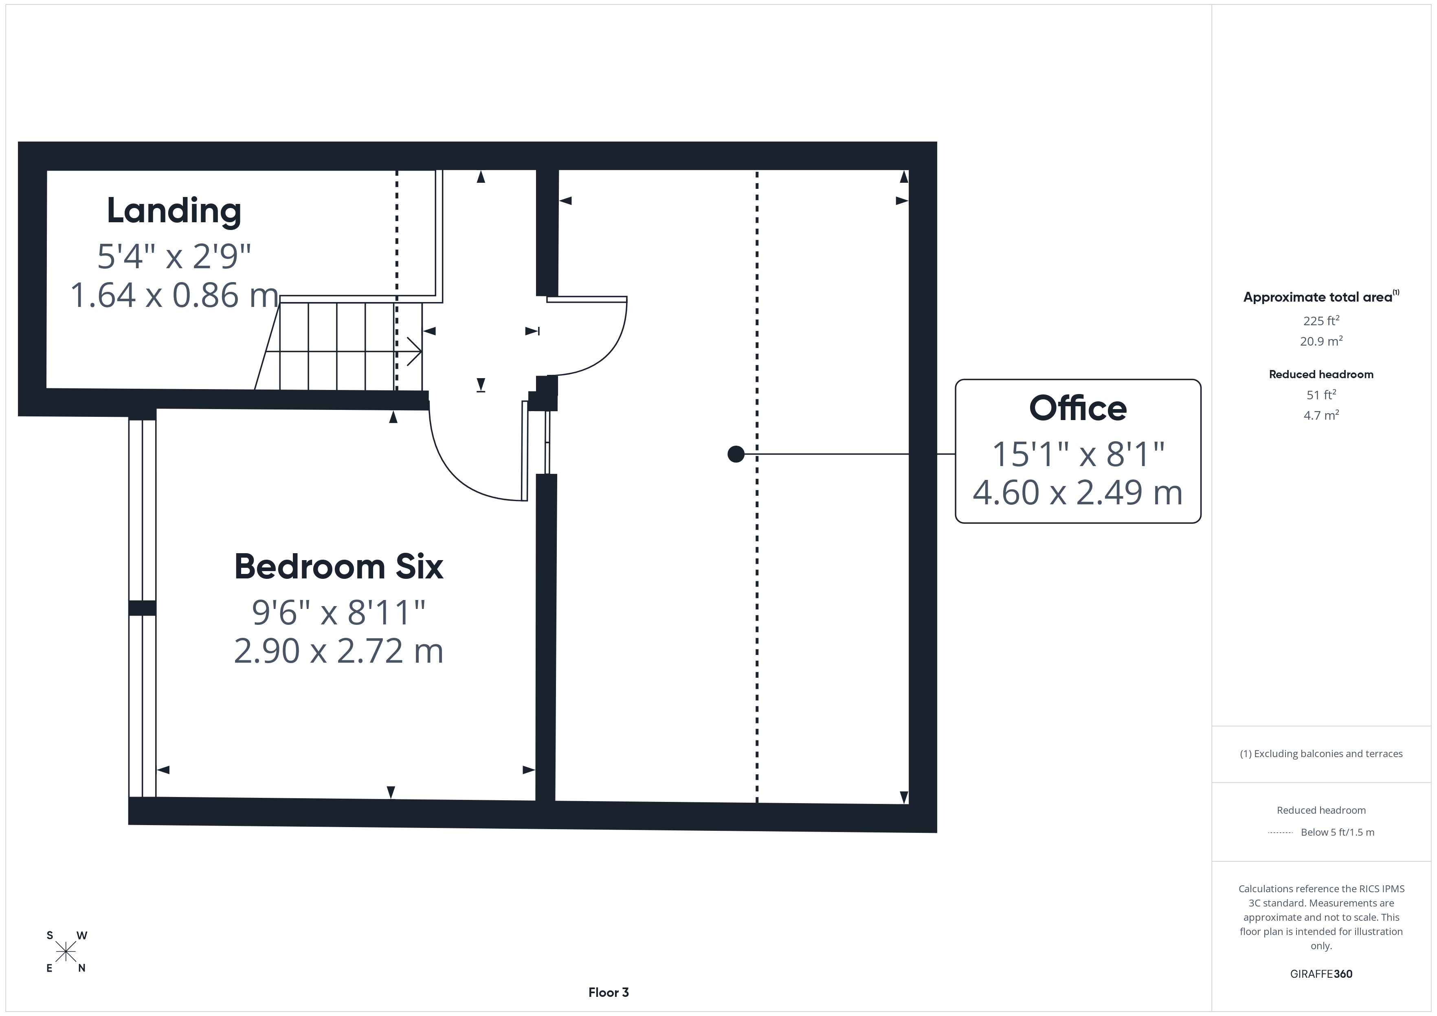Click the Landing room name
(174, 211)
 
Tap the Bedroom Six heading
(338, 566)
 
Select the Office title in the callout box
(1078, 409)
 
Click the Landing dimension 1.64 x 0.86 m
(174, 295)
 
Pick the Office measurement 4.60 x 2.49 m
(1078, 493)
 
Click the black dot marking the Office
(736, 454)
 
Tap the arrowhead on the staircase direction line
(415, 352)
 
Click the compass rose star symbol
(65, 952)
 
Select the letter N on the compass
(81, 968)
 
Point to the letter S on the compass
(49, 936)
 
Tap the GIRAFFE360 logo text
(1321, 974)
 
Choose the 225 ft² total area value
(1321, 320)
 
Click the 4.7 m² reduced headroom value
(1321, 415)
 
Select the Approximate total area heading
(1321, 297)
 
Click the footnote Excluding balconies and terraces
(1321, 754)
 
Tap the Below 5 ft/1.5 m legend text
(1338, 832)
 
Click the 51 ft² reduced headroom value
(1321, 395)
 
